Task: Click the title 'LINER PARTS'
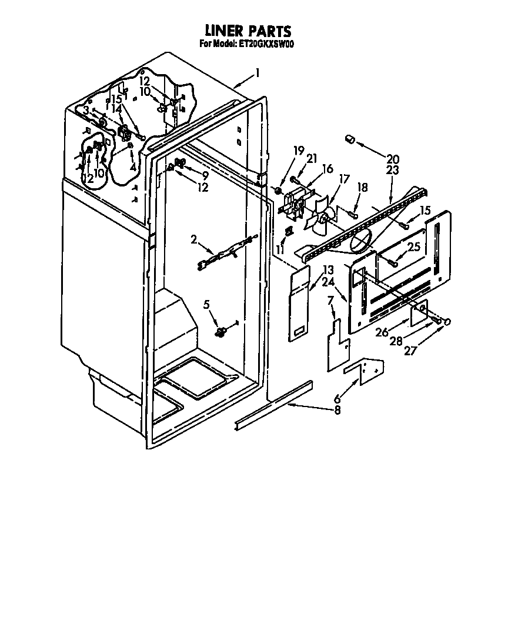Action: [248, 31]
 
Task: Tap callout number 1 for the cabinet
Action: [258, 73]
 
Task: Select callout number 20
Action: [393, 159]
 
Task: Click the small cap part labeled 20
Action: [350, 139]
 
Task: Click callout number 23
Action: [392, 170]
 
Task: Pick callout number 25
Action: [413, 247]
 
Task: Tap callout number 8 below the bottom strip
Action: [337, 410]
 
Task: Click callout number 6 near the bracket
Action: [337, 399]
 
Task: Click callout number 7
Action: [330, 301]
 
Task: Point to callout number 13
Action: [329, 270]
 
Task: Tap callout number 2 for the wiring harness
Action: [193, 239]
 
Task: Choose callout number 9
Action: [205, 175]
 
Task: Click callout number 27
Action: [410, 351]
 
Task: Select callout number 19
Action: [299, 151]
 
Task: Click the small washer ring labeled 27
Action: [447, 322]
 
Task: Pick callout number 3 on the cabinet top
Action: [86, 110]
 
